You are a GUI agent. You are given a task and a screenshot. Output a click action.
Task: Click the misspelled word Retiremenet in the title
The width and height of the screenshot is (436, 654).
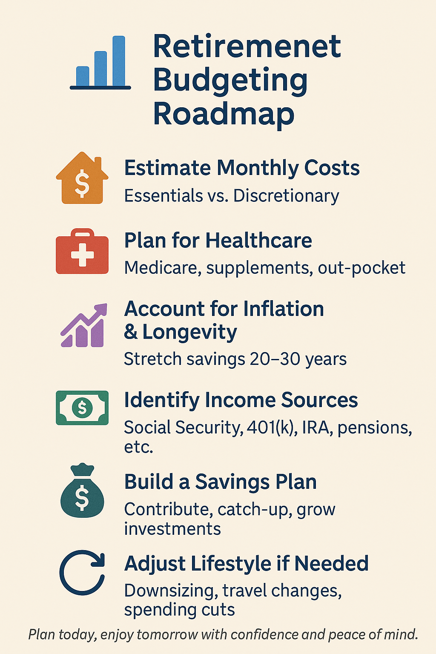click(247, 46)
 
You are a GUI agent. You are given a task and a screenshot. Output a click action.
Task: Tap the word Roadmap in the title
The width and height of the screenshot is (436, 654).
click(224, 114)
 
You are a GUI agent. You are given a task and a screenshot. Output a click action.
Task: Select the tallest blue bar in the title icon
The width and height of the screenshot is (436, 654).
click(118, 61)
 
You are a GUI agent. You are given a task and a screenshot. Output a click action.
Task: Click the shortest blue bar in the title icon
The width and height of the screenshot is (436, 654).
click(83, 76)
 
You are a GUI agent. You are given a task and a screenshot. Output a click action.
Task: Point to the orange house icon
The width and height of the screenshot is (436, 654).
click(82, 178)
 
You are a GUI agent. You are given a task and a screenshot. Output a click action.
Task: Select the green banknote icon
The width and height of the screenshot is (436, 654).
click(82, 407)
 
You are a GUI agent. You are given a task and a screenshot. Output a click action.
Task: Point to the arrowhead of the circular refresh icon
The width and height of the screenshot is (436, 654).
click(98, 560)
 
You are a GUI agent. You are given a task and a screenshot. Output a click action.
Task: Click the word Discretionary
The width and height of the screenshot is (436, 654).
click(286, 196)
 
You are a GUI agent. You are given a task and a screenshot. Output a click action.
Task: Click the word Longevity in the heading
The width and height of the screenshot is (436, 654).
click(189, 333)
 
